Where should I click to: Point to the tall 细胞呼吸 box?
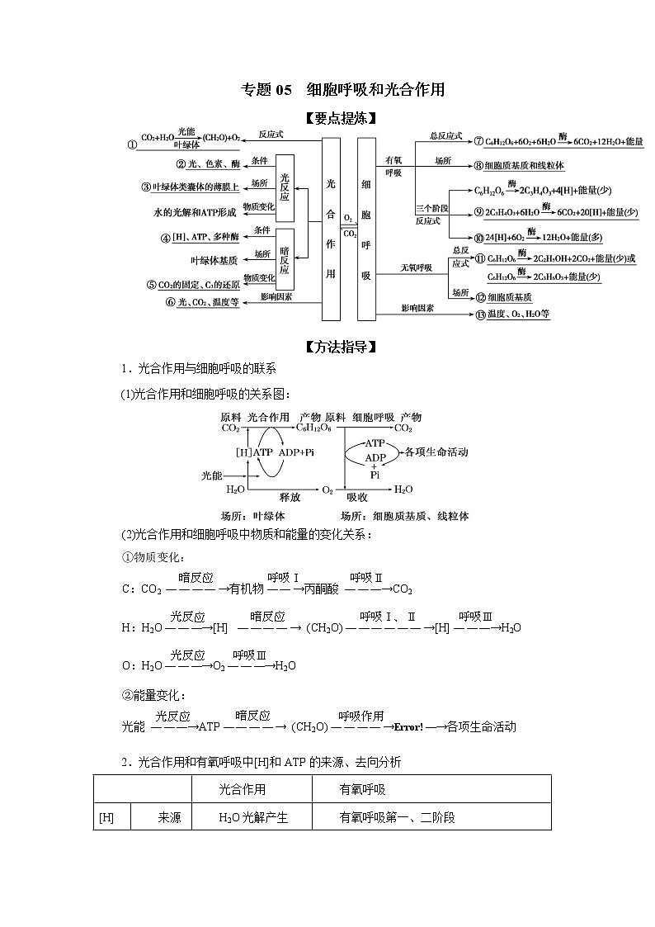point(366,229)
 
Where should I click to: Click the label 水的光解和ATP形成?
point(196,212)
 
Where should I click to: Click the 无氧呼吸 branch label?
point(416,267)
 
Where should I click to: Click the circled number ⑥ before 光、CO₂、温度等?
point(170,302)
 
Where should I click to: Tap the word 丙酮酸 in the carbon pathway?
point(322,589)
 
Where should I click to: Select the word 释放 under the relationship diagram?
point(290,498)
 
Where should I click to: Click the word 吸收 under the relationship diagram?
point(356,498)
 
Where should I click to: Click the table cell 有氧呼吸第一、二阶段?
point(397,818)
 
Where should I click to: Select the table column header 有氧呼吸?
point(362,790)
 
